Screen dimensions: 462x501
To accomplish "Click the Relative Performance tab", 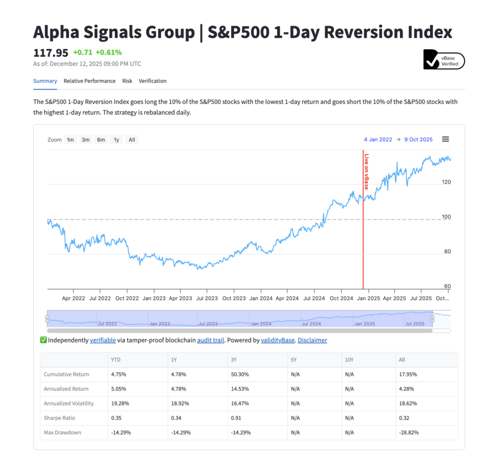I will pos(90,81).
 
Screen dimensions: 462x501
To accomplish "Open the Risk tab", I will pos(127,81).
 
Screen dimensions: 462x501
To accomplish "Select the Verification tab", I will pos(153,81).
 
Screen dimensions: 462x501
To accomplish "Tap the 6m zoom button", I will pos(101,140).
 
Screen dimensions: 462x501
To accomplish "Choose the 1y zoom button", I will pos(116,140).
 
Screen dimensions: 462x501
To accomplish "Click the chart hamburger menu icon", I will pos(446,139).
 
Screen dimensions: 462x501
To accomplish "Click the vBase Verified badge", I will pos(444,61).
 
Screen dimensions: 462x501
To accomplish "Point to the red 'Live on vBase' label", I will pos(366,172).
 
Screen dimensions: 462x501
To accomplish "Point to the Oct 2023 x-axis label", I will pos(234,299).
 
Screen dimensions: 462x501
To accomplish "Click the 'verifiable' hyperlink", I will pos(102,340).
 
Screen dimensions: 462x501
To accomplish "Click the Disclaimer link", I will pos(312,340).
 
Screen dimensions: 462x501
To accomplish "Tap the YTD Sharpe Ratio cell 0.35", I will pos(116,418).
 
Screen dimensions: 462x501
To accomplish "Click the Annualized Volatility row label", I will pos(69,403).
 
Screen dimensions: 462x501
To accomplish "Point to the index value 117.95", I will pos(51,53).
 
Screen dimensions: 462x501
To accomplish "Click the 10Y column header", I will pos(349,360).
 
